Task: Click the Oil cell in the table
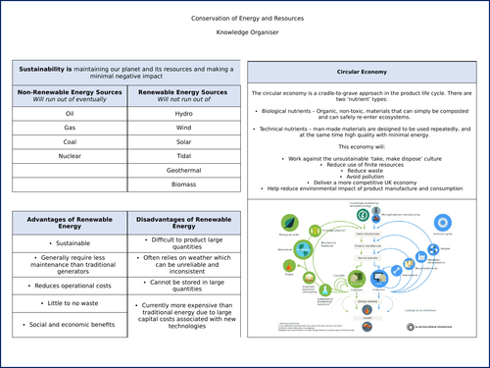tap(69, 114)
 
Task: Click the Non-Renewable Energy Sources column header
tap(69, 95)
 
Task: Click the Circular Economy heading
tap(363, 74)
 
